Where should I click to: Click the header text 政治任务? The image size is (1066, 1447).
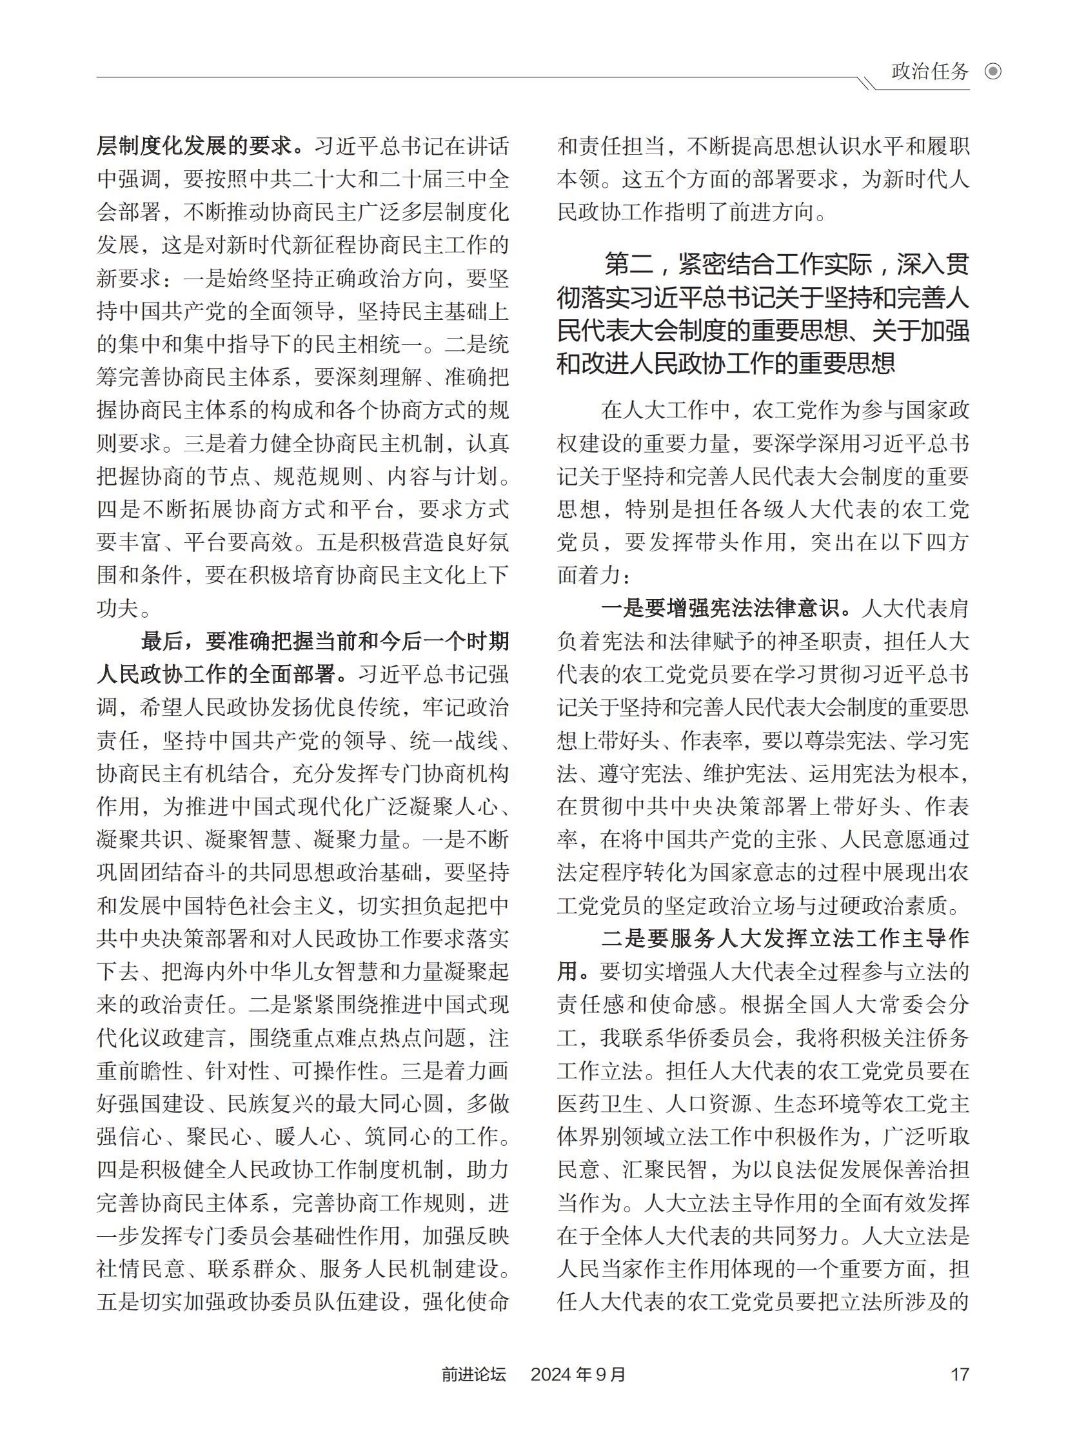pyautogui.click(x=930, y=71)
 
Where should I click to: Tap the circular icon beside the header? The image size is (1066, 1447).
pyautogui.click(x=993, y=71)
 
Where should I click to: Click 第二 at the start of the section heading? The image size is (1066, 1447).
pyautogui.click(x=626, y=264)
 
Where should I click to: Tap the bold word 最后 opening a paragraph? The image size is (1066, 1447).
pyautogui.click(x=162, y=641)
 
